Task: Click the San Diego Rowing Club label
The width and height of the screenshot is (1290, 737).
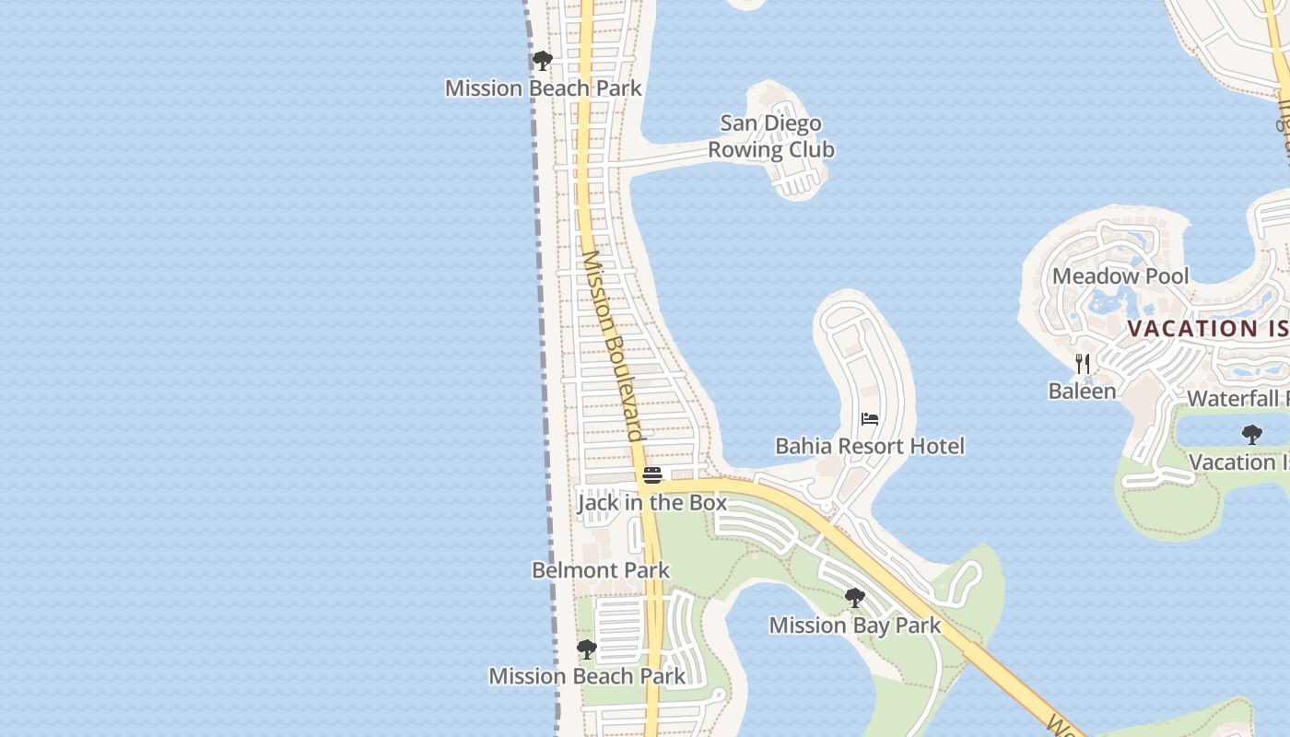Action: (771, 136)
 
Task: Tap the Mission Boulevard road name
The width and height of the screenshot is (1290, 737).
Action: (610, 345)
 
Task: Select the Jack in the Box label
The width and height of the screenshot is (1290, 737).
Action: (651, 503)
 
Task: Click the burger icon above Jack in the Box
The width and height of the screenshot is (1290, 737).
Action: (652, 475)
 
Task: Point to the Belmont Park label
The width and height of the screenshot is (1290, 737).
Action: (601, 570)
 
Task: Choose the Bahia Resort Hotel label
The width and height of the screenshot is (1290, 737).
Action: (869, 447)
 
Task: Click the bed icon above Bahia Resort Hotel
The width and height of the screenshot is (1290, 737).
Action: (869, 419)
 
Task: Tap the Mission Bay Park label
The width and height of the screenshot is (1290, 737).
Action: (854, 626)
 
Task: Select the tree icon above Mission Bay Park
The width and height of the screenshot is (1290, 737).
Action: (854, 598)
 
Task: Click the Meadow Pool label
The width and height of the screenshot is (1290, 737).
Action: (1120, 276)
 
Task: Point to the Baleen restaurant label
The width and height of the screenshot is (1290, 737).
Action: (1082, 392)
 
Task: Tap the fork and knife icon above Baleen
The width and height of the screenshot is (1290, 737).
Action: (1083, 364)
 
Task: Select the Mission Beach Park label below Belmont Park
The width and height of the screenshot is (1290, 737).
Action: (587, 676)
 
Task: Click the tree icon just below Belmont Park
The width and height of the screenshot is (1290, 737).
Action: (586, 649)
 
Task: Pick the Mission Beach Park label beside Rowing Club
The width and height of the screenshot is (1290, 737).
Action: (543, 88)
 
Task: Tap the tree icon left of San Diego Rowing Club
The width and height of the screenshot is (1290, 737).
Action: (543, 61)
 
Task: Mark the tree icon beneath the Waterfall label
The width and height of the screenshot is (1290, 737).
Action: (1251, 434)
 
